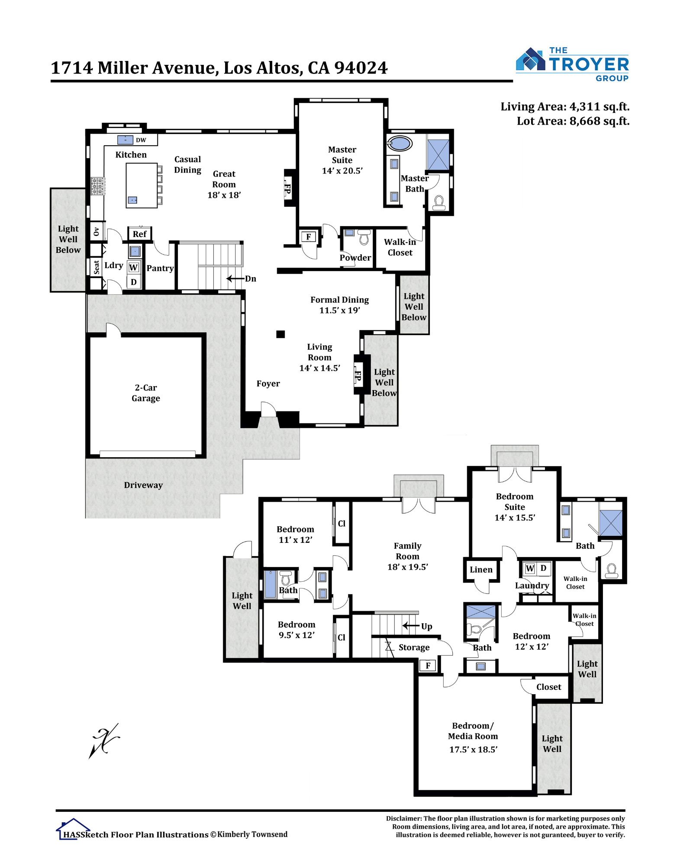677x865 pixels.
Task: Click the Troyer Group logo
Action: tap(572, 64)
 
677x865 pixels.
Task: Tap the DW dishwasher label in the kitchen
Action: tap(141, 140)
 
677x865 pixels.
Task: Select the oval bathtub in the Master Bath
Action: tap(400, 143)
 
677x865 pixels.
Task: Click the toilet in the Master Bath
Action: tap(439, 203)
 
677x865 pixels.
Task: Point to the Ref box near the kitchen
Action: tap(139, 234)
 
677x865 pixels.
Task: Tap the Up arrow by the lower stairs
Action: tap(411, 626)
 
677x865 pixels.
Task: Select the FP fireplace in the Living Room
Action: tap(358, 375)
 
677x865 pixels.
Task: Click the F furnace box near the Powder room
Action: tap(309, 237)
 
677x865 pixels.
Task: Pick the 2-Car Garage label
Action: tap(146, 393)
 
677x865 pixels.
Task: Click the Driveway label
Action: tap(143, 485)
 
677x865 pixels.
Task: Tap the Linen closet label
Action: tap(481, 570)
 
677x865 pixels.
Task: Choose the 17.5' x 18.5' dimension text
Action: tap(473, 750)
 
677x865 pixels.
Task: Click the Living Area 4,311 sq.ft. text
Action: tap(565, 107)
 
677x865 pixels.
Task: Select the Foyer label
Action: tap(268, 384)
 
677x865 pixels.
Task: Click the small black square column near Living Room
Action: tap(280, 334)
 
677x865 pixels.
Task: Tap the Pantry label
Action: tap(160, 268)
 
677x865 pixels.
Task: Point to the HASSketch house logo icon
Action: tap(73, 828)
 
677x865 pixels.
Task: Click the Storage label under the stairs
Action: tap(414, 647)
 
